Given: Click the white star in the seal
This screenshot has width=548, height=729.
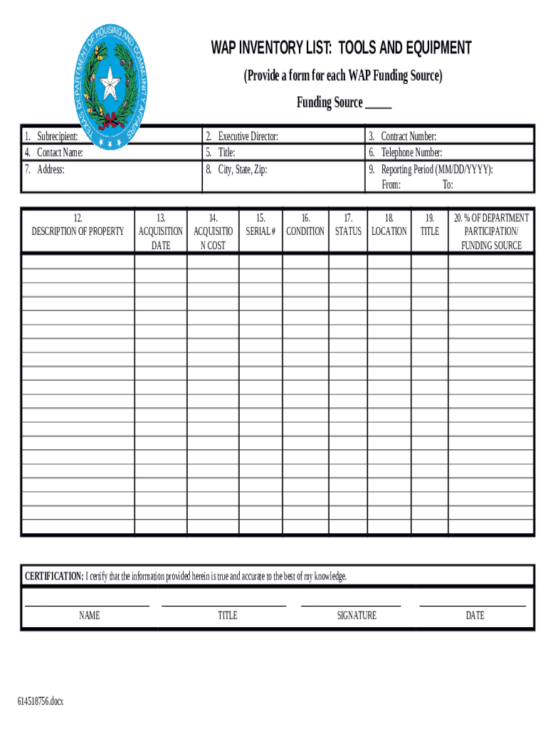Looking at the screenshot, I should (110, 88).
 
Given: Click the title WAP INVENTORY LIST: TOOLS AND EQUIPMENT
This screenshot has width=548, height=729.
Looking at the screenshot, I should (340, 48).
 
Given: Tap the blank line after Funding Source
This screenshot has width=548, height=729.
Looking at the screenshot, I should (378, 104).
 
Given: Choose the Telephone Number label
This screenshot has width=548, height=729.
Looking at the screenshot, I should (411, 152).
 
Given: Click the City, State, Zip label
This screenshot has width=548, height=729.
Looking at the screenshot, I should (242, 169).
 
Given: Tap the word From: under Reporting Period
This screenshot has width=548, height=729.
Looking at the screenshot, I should (391, 185).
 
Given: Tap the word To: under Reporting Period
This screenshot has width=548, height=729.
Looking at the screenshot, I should (448, 185).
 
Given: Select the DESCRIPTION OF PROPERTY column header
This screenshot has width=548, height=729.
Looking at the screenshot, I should (78, 231).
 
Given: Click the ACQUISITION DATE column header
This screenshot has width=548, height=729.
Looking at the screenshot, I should (160, 231).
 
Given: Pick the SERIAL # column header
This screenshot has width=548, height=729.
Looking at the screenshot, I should (260, 231).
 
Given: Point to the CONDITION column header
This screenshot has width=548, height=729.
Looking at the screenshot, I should (305, 231).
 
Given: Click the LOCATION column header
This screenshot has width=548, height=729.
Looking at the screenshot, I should (389, 231).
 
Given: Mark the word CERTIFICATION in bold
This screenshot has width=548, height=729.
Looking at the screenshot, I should (54, 576).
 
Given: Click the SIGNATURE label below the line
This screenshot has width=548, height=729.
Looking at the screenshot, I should (357, 615).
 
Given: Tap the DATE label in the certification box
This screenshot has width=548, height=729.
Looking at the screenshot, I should (475, 615).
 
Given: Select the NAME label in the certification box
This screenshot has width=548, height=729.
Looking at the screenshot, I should (89, 615).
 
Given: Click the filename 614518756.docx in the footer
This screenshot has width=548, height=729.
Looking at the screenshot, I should (41, 701).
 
